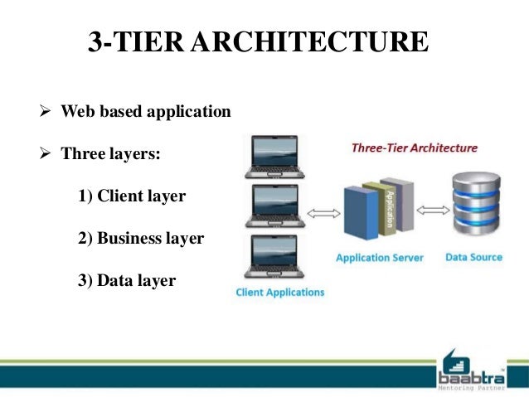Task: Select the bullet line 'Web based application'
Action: tap(146, 111)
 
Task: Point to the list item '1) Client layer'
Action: tap(132, 197)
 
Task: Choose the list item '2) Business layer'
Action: tap(141, 239)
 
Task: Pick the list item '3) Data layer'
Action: tap(127, 281)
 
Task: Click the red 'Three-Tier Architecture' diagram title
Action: tap(415, 148)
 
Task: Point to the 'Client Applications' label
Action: tap(280, 293)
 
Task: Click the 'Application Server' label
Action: tap(379, 258)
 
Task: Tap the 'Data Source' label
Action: tap(473, 257)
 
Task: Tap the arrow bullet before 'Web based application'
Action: tap(47, 111)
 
